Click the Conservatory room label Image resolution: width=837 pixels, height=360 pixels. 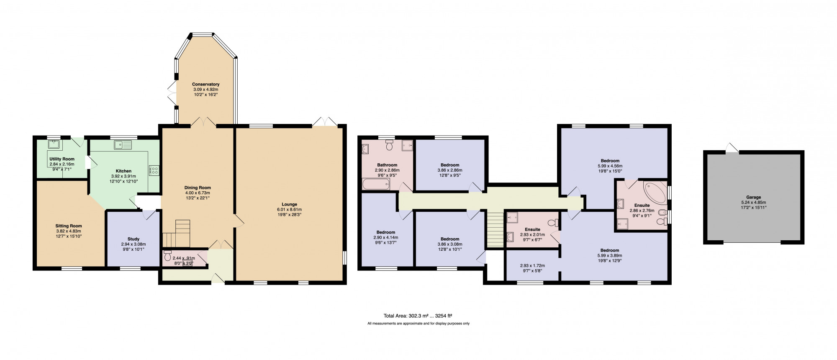(206, 85)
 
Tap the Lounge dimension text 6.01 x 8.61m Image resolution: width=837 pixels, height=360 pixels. (289, 210)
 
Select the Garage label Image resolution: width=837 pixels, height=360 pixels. (754, 197)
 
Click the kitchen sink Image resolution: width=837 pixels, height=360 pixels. (123, 145)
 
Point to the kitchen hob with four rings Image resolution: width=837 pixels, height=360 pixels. (153, 170)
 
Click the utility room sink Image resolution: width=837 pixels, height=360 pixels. (54, 145)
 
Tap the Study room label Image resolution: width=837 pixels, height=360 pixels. (134, 239)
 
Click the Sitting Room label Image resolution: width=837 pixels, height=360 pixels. (69, 226)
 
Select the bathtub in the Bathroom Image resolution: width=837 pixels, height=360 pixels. (376, 184)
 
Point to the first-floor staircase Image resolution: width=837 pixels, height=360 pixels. (495, 230)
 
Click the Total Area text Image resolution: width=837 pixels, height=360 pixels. (418, 316)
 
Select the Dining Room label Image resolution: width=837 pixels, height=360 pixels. (198, 188)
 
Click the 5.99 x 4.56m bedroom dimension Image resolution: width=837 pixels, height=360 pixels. (610, 166)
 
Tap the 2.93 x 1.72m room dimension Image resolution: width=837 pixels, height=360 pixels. (532, 265)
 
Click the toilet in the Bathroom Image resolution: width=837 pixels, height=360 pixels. (390, 145)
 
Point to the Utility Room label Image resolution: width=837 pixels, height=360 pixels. (62, 159)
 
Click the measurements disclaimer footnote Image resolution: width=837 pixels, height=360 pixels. (418, 324)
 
